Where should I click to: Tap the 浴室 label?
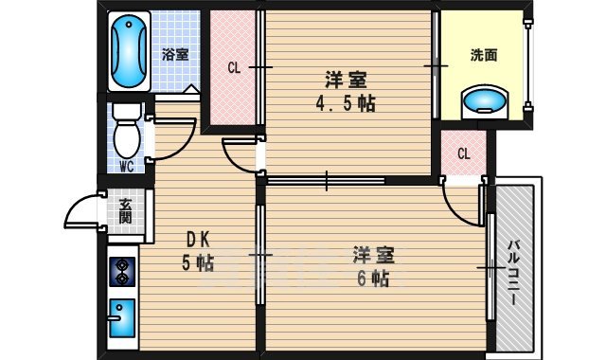coord(175,54)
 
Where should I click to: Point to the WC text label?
coord(126,168)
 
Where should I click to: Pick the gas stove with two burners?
coord(123,272)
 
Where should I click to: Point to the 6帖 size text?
coord(374,279)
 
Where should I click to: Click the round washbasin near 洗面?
coord(485,99)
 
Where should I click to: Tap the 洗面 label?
coord(484,55)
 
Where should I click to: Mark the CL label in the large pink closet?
coord(233,67)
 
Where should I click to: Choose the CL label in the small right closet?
coord(464,153)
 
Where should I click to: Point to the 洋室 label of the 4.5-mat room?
coord(347,80)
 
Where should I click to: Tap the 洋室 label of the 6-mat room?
coord(374,255)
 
